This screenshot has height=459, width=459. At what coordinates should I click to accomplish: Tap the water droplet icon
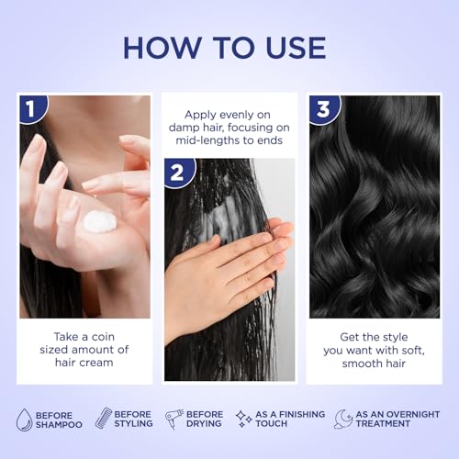pyautogui.click(x=24, y=419)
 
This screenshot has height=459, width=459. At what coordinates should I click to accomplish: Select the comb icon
pyautogui.click(x=104, y=419)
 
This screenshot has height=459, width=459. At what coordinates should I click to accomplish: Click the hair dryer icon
pyautogui.click(x=174, y=419)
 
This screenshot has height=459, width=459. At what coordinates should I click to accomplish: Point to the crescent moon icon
pyautogui.click(x=343, y=419)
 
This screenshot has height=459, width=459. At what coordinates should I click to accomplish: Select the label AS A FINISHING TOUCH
pyautogui.click(x=289, y=420)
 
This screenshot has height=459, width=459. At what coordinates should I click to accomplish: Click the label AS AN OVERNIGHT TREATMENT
pyautogui.click(x=397, y=420)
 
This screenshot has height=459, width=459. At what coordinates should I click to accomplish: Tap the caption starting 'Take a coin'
pyautogui.click(x=85, y=350)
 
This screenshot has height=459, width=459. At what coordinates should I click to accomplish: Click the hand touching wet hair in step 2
pyautogui.click(x=220, y=271)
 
